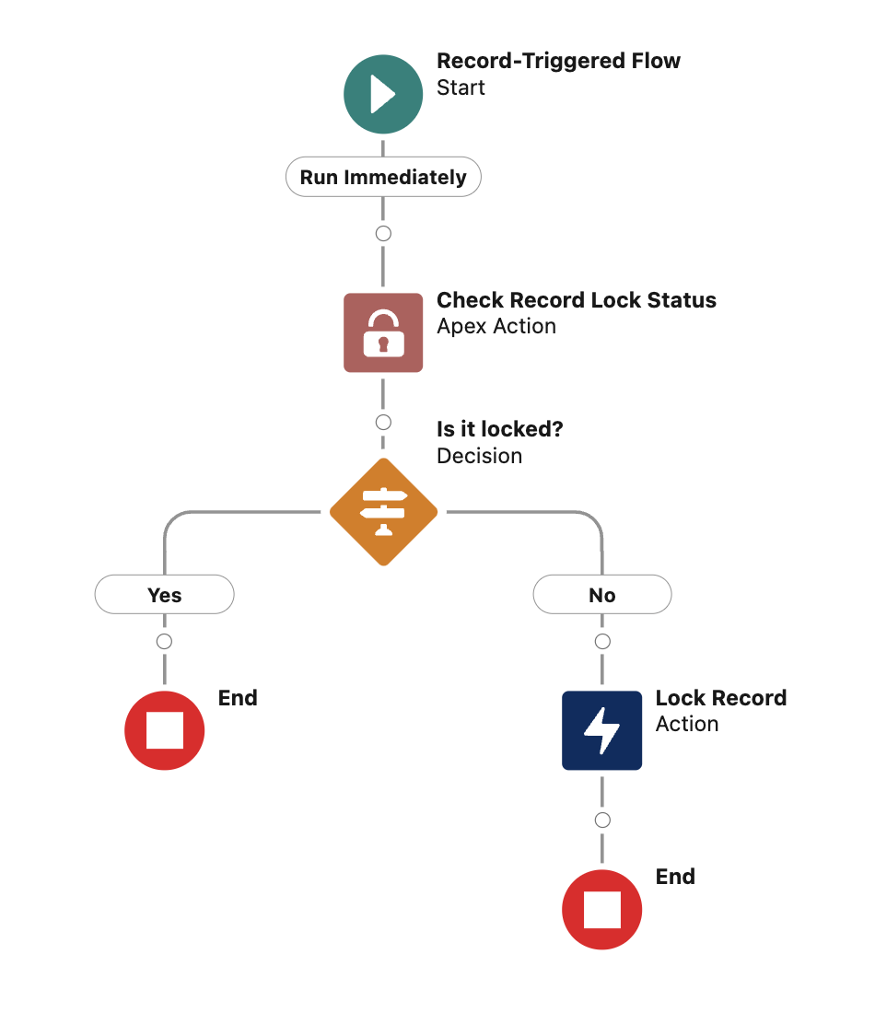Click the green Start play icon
[383, 94]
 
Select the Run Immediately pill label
[383, 178]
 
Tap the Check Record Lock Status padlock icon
[383, 332]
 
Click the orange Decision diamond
[383, 512]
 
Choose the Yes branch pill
[165, 595]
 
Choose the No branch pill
[602, 595]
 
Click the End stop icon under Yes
[165, 731]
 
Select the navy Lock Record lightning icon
[602, 731]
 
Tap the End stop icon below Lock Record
[602, 910]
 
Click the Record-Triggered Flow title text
[558, 62]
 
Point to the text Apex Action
[496, 327]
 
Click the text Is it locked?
[499, 429]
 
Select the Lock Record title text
[720, 698]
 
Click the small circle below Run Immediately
[383, 234]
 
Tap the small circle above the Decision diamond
[383, 423]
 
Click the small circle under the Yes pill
[165, 642]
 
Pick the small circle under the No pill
[602, 642]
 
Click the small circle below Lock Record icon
[602, 820]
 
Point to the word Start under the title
[461, 88]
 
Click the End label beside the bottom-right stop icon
[675, 877]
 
